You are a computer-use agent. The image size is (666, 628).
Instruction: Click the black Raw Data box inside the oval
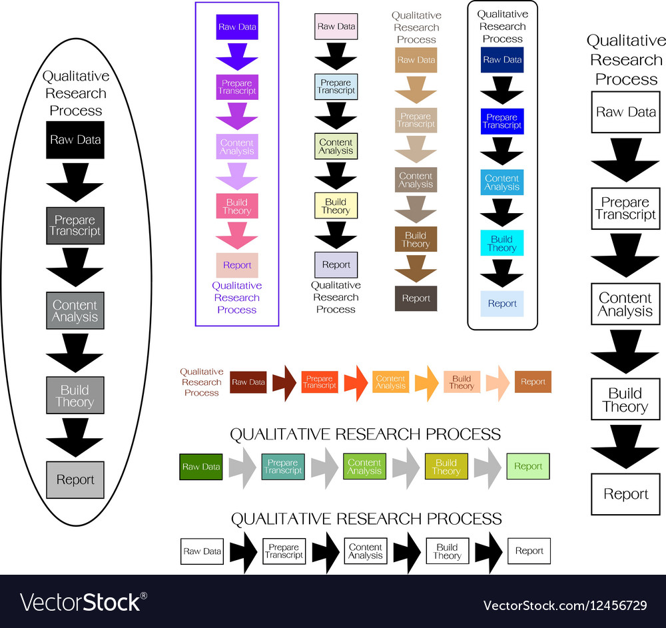tap(75, 140)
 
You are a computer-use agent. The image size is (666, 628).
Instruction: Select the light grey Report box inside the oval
tap(75, 479)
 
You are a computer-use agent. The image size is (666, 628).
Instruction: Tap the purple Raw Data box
tap(237, 27)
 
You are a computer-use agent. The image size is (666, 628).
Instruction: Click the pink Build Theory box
tap(237, 206)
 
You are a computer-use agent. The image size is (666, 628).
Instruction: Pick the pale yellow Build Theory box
tap(336, 206)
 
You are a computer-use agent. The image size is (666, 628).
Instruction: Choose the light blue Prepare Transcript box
tap(336, 87)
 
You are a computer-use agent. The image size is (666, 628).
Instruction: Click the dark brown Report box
tap(416, 298)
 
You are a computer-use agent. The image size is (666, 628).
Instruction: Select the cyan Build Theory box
tap(502, 243)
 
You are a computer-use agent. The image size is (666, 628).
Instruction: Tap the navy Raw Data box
tap(502, 60)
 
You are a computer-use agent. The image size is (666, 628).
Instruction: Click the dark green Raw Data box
tap(201, 467)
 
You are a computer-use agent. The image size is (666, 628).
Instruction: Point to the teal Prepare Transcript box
tap(283, 467)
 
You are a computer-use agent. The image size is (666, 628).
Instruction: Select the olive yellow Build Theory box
tap(446, 467)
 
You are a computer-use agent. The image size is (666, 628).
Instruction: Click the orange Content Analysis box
tap(390, 382)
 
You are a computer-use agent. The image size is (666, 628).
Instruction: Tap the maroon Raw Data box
tap(248, 382)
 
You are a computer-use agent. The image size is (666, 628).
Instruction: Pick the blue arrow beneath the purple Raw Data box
tap(237, 57)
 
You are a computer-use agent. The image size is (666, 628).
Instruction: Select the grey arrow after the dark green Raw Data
tap(242, 467)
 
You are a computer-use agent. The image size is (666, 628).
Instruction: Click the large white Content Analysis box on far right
tap(625, 304)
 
